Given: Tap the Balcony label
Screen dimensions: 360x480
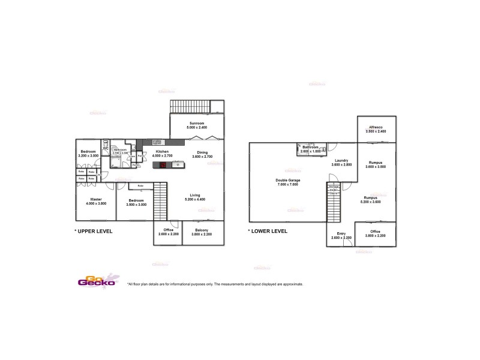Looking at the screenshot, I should tap(200, 230).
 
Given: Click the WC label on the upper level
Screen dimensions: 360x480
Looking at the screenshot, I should tap(106, 148).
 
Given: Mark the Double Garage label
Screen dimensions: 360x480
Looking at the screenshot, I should tap(287, 180).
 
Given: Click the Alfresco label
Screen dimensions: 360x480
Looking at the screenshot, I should tap(377, 127).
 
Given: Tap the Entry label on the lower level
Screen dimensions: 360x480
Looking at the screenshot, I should tap(341, 234).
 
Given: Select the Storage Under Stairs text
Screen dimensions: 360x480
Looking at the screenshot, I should tap(333, 190).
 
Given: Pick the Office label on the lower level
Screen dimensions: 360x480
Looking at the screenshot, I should tap(376, 231).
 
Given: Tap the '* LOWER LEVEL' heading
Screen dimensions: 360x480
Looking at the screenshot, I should tap(268, 231).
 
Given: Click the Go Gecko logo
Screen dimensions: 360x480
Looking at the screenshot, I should tap(96, 281).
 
